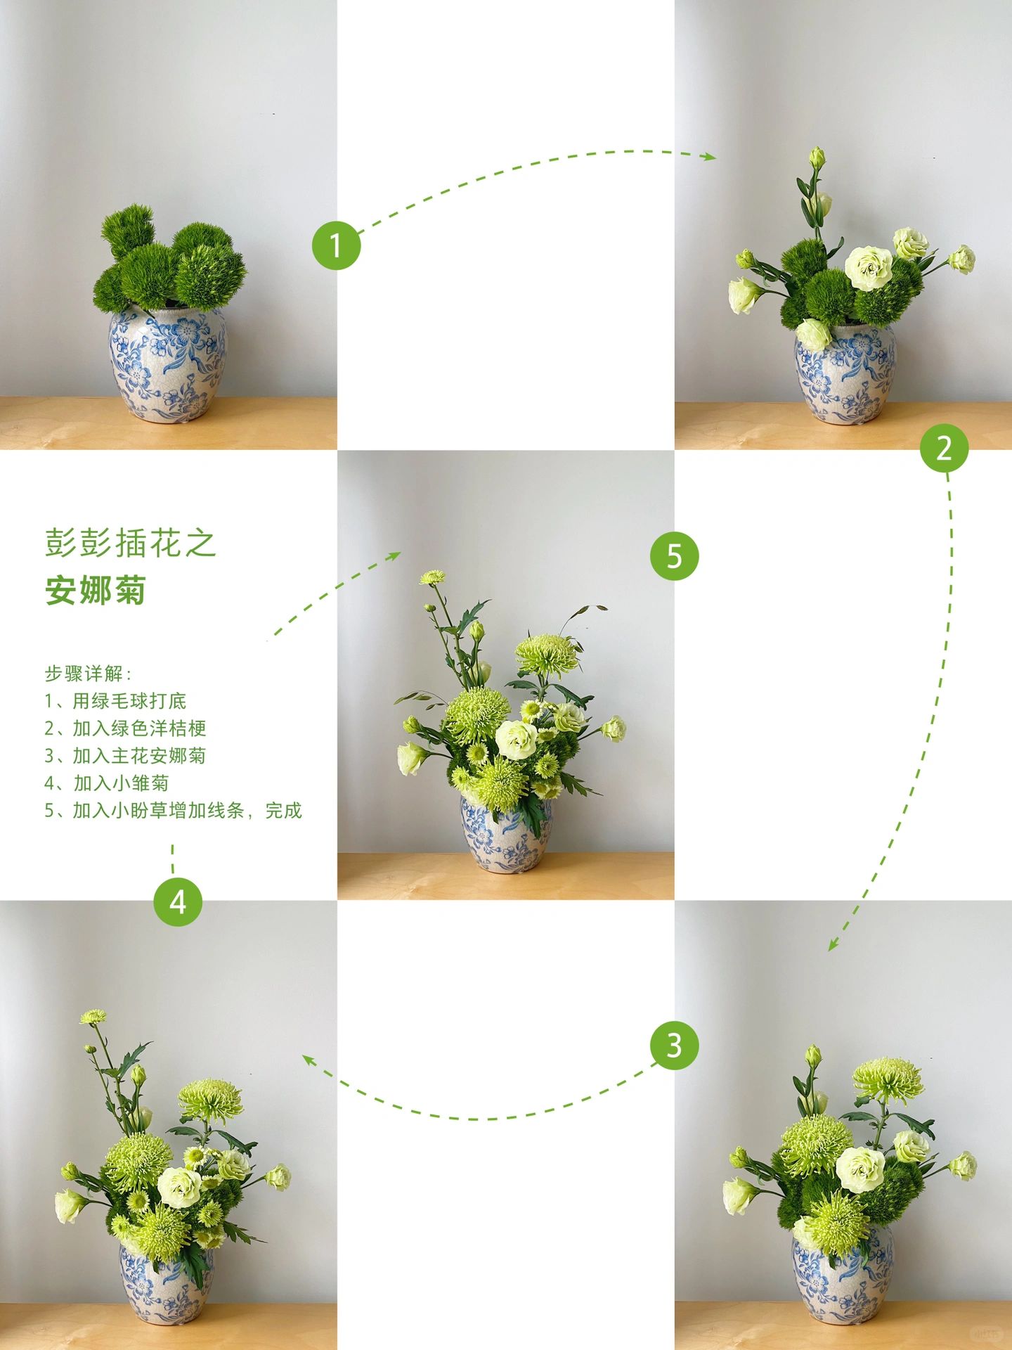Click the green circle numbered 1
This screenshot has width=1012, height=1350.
tap(336, 245)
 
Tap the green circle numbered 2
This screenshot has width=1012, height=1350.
tap(944, 448)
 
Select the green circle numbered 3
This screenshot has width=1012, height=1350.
tap(674, 1046)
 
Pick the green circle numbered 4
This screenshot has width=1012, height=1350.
tap(178, 901)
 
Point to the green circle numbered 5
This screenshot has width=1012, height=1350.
tap(674, 556)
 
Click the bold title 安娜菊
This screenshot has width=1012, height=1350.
tap(96, 590)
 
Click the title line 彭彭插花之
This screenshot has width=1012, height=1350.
tap(130, 544)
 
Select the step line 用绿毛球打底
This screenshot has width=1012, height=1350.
tap(116, 701)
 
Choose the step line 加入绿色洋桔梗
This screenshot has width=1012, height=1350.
tap(125, 728)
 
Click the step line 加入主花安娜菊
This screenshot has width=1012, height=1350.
tap(125, 756)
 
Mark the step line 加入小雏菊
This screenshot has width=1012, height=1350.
tap(107, 783)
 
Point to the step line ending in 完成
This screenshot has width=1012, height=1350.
tap(173, 811)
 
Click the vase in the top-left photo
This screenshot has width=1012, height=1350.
tap(168, 366)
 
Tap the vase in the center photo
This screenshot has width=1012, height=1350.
tap(505, 837)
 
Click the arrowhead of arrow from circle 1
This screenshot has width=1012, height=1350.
tap(711, 157)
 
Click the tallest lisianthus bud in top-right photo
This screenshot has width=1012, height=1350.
tap(816, 157)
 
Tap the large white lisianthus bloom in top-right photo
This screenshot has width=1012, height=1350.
tap(869, 268)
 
